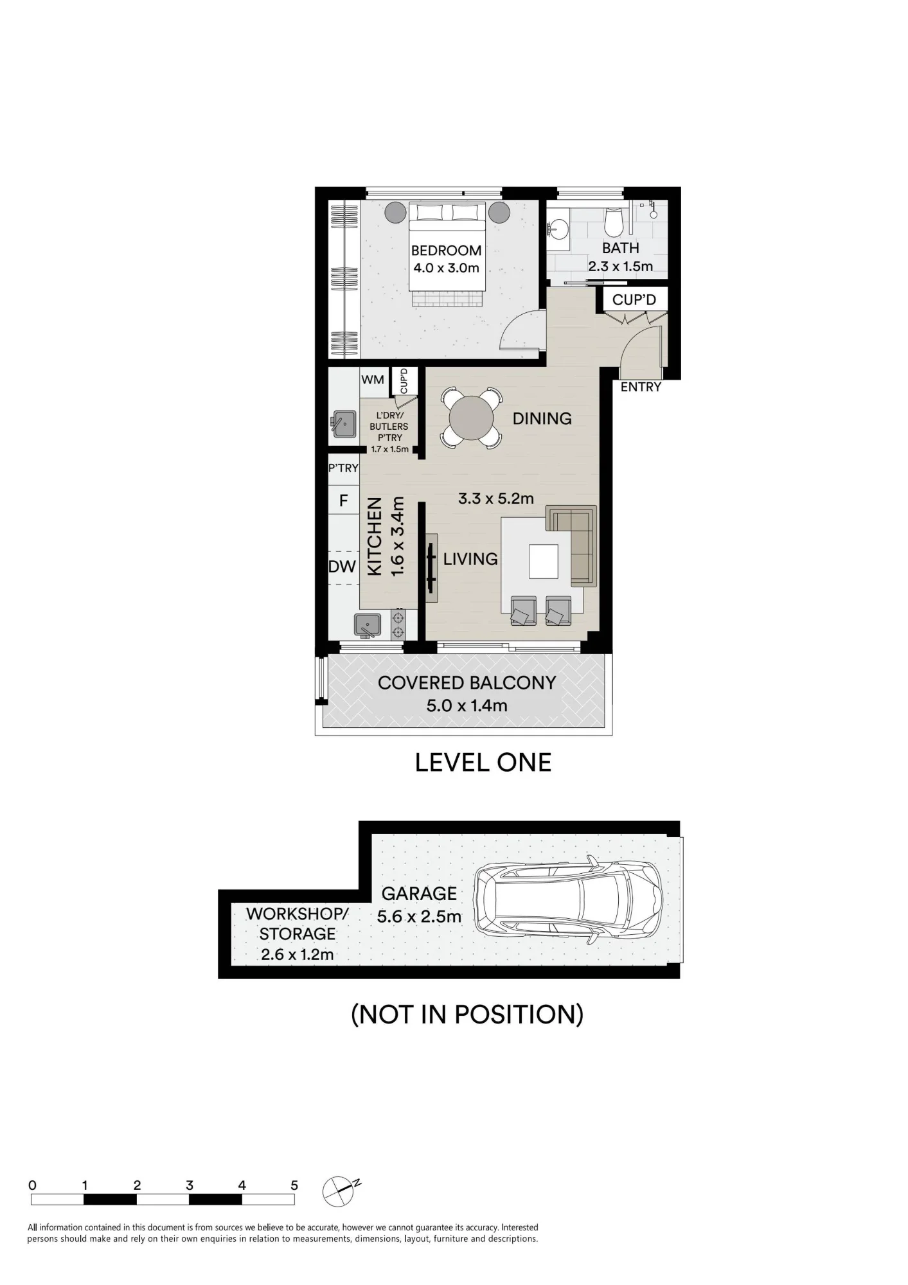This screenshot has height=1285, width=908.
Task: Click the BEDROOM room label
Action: coord(447,250)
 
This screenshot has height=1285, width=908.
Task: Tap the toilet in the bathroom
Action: coord(614,222)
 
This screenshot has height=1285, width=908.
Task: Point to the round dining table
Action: coord(471,418)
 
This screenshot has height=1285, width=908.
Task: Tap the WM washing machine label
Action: coord(373,380)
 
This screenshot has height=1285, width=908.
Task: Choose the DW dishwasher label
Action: coord(342,567)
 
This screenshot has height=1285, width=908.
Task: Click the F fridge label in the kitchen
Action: coord(344,501)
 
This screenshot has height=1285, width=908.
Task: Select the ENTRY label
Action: coord(641,387)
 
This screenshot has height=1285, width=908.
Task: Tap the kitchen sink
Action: coord(368,625)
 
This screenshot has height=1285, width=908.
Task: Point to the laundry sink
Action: coord(345,424)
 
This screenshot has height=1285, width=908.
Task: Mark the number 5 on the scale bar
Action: coord(294,1185)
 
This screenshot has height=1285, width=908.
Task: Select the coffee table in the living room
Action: coord(544,562)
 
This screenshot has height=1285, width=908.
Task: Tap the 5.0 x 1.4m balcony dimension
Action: coord(467,705)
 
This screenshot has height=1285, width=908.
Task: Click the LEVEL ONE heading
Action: coord(483,763)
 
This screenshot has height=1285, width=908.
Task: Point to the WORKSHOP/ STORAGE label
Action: coord(298,923)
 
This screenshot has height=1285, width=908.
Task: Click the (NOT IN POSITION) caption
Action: coord(467,1015)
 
